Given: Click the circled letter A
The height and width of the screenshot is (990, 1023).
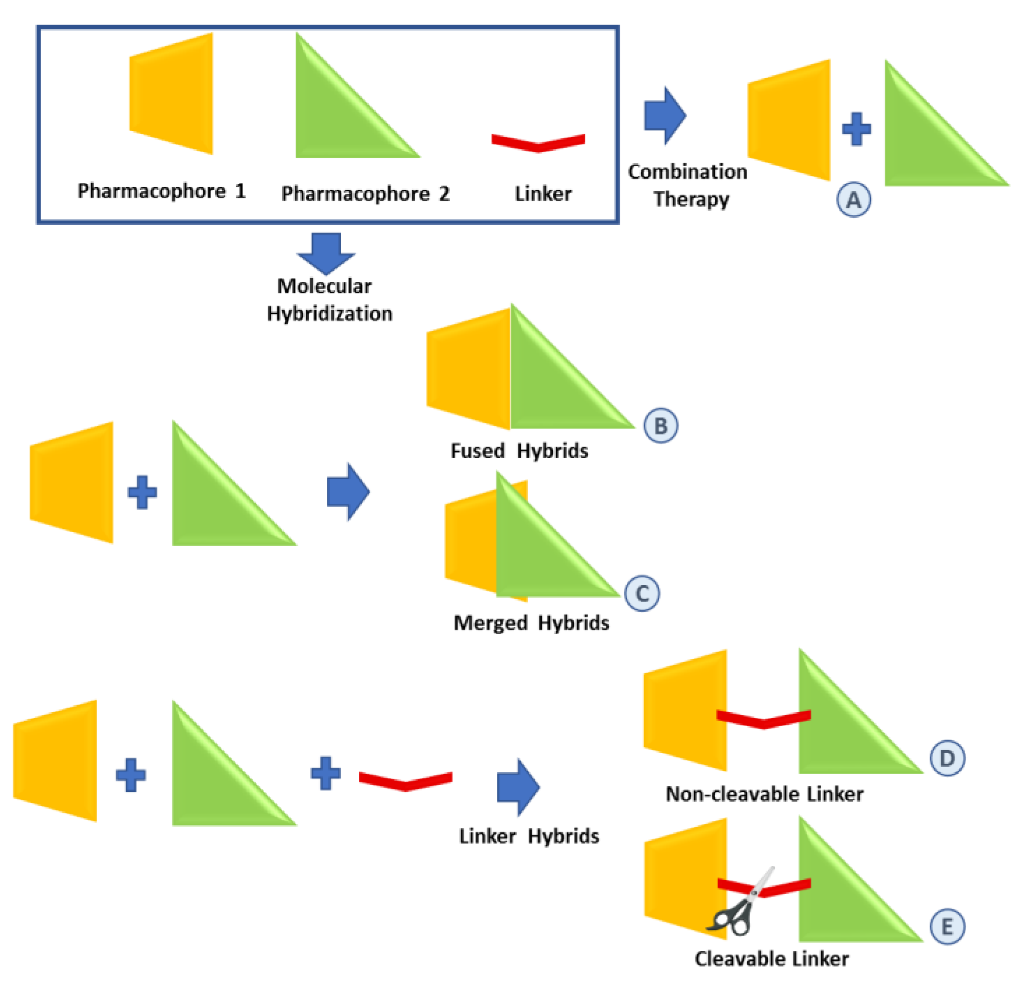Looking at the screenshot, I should (x=853, y=200).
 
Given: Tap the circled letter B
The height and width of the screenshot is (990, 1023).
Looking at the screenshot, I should (x=660, y=426).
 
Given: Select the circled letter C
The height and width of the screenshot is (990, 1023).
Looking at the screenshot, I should (x=642, y=593).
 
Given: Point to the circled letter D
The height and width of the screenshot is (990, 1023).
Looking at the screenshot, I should (x=947, y=758).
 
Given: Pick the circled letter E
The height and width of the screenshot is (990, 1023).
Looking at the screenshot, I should (x=947, y=927).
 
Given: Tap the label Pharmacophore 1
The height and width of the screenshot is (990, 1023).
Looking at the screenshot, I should (x=161, y=191).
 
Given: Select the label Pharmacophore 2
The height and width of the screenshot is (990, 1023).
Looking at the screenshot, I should (x=365, y=194).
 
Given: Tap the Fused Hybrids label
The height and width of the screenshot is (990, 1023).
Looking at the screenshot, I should (x=519, y=451).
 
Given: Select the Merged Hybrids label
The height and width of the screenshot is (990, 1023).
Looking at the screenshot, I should (x=531, y=623).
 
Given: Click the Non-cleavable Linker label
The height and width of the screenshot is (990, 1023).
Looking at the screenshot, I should (x=764, y=794).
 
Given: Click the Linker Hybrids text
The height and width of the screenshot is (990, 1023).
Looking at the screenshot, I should (x=529, y=836).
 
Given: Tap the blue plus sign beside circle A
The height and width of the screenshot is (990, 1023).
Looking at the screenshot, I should (x=857, y=128).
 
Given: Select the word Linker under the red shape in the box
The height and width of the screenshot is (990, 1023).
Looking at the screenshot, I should (x=543, y=194).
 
